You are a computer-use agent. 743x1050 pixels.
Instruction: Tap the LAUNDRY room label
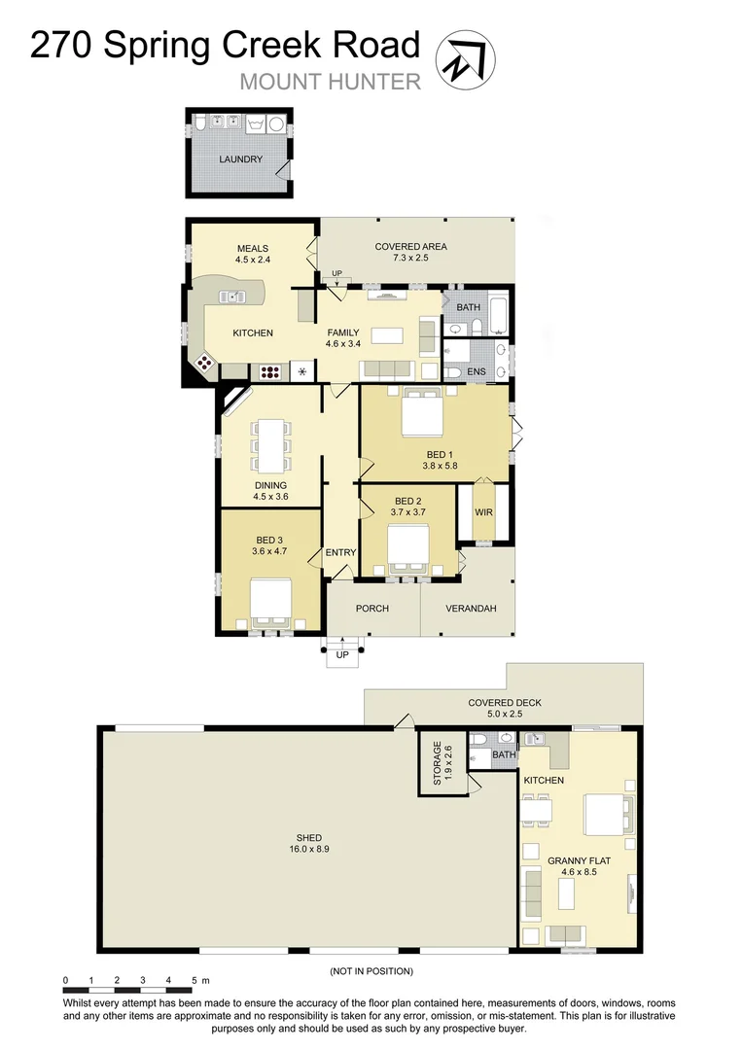coord(240,159)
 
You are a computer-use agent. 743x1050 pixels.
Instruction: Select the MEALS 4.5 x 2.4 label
coord(252,254)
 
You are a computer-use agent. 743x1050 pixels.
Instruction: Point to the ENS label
coord(476,371)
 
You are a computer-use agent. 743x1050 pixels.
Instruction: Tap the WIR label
coord(483,512)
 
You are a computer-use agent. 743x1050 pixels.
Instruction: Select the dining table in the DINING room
coord(270,445)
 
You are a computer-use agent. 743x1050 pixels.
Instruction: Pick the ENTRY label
coord(341,552)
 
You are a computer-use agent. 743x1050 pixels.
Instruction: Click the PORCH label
coord(372,609)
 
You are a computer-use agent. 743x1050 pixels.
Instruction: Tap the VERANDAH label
coord(471,609)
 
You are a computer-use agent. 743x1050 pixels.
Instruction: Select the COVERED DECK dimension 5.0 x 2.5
coord(504,715)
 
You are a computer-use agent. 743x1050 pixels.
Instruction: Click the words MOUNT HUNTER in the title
coord(331,82)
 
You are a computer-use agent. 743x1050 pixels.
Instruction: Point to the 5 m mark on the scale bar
coord(195,980)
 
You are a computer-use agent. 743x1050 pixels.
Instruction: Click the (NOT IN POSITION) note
coord(371,970)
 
